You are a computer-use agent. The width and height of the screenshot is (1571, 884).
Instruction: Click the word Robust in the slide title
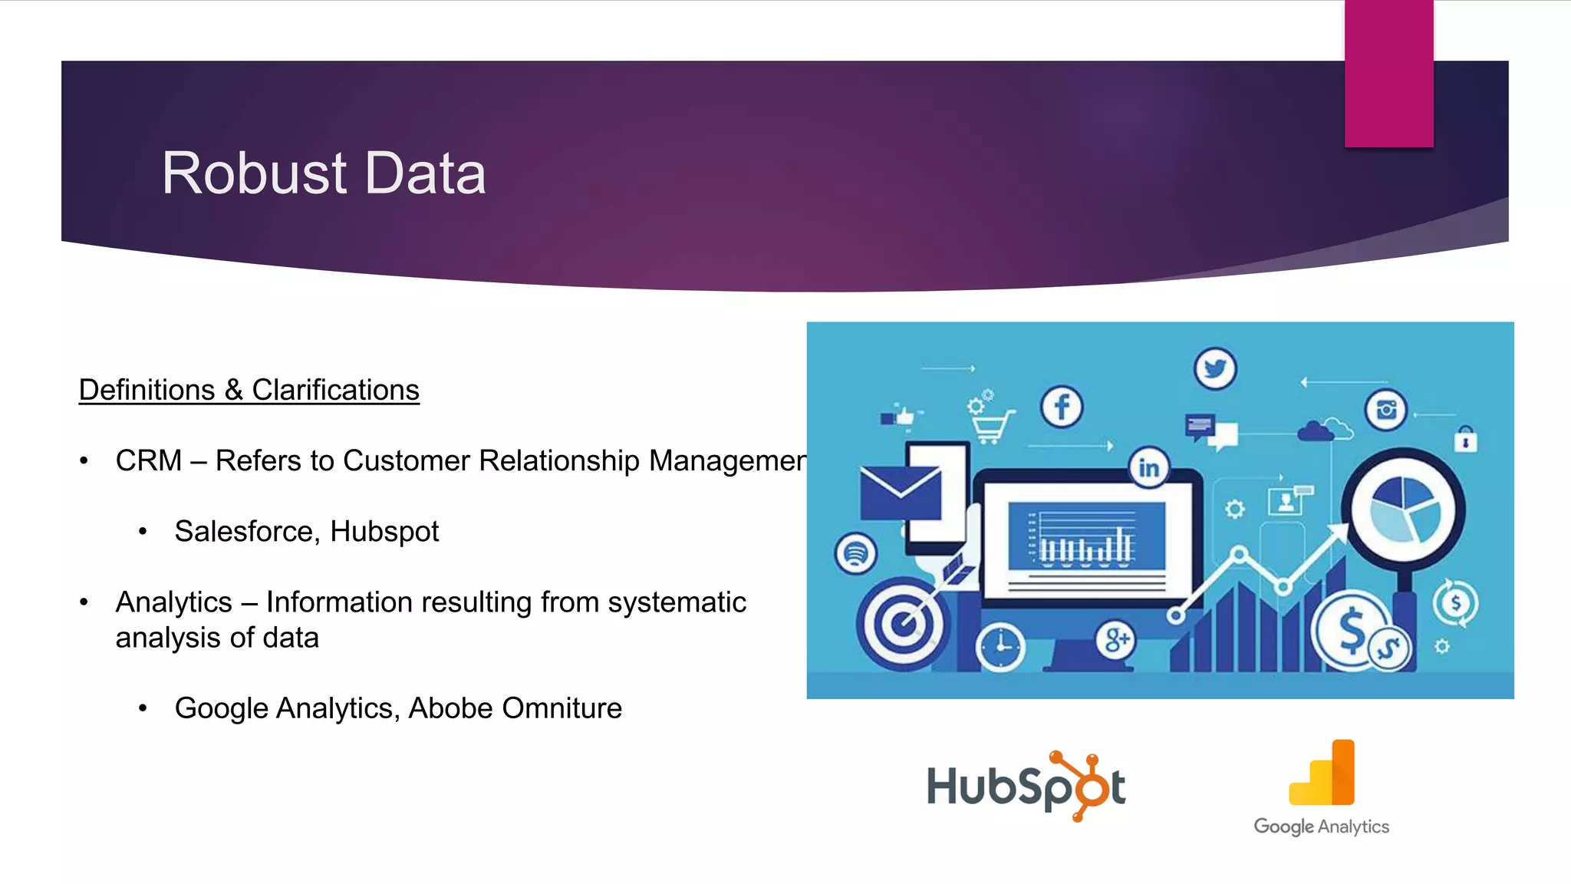(254, 173)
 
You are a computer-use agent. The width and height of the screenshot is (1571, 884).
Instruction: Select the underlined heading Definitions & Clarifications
(249, 390)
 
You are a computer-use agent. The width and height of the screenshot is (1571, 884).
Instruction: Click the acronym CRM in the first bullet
(149, 460)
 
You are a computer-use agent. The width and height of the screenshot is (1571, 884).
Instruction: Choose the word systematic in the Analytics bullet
(677, 602)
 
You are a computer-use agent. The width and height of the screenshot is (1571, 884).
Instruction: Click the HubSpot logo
(1026, 786)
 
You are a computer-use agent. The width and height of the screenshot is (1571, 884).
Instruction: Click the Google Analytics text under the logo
(1321, 826)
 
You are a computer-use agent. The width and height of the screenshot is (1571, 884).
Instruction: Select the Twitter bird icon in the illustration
(1215, 369)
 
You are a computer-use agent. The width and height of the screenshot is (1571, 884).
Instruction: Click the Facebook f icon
(1062, 407)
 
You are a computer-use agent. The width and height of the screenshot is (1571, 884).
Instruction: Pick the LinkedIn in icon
(1148, 467)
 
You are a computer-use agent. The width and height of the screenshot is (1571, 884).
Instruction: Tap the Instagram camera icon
(1386, 411)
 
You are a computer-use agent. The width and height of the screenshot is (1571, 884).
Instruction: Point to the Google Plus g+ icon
(1116, 639)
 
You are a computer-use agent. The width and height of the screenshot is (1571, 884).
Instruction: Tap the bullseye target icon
(902, 623)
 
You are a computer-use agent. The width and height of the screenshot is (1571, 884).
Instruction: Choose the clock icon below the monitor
(1000, 647)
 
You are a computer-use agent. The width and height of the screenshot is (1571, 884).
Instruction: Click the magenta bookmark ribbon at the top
(1388, 73)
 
